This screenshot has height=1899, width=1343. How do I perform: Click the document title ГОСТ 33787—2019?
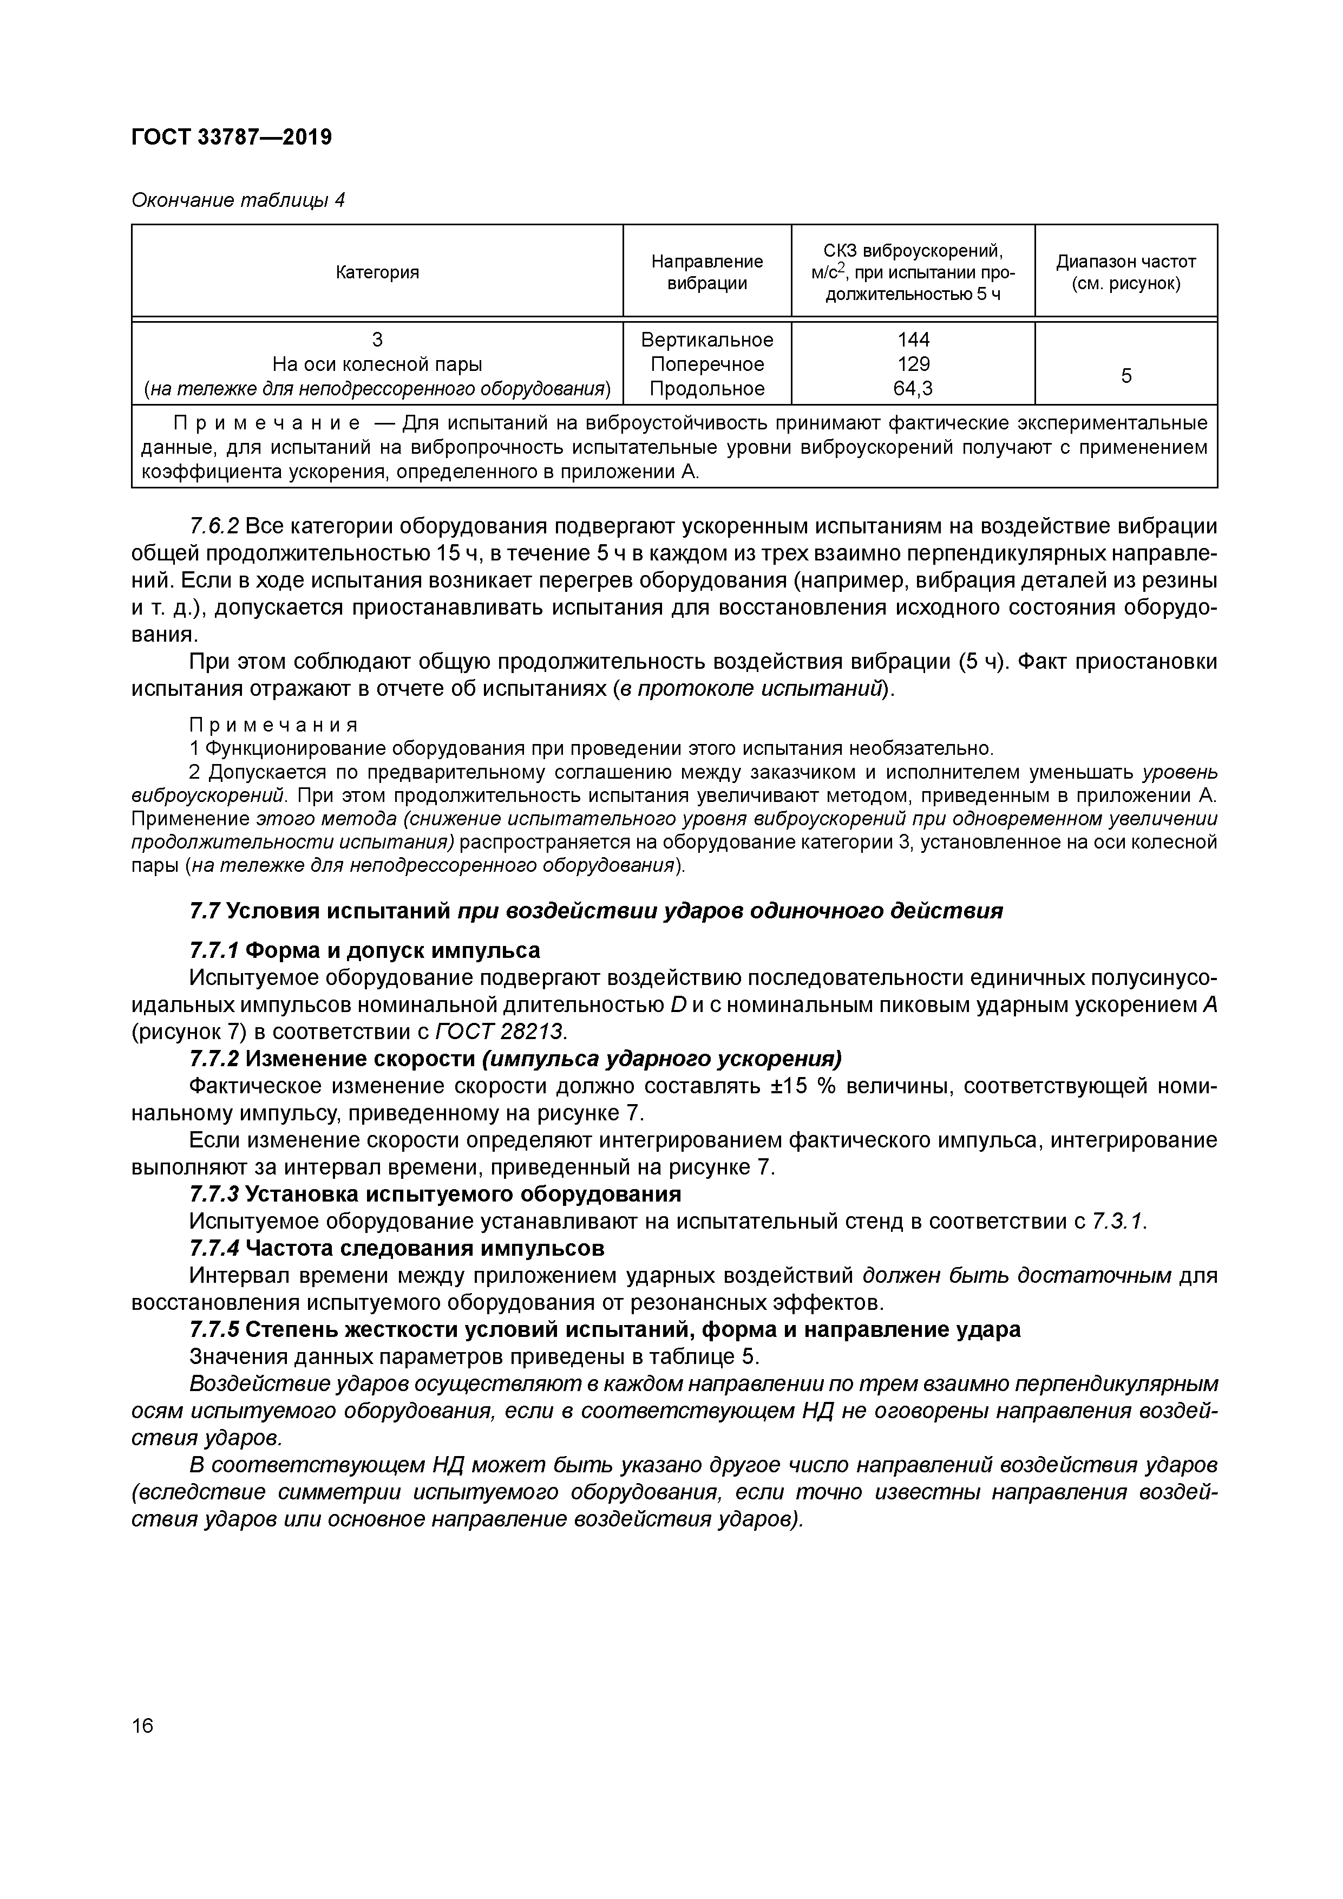(232, 138)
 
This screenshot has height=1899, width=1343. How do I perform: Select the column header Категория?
(377, 272)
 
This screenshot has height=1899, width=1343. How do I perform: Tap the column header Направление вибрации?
(707, 272)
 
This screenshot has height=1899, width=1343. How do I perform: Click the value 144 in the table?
(913, 340)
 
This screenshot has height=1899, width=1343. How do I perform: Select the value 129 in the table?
(913, 364)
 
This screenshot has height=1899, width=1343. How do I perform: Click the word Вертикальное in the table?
(707, 340)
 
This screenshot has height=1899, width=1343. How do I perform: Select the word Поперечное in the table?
(707, 364)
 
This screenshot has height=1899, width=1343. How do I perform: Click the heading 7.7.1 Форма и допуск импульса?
(365, 950)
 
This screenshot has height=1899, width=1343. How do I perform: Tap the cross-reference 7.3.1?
(1119, 1221)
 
